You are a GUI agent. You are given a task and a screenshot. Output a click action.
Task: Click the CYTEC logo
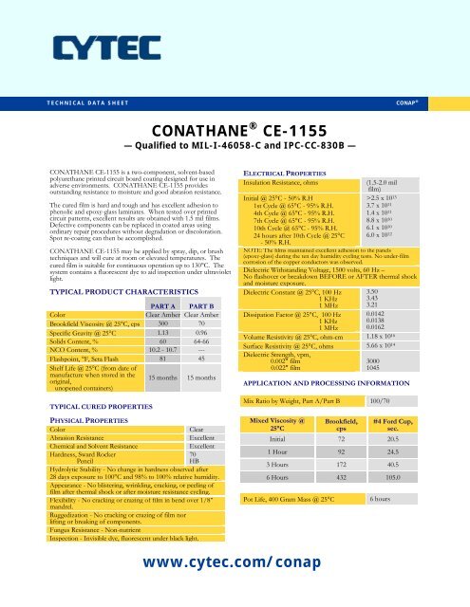coord(82,49)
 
